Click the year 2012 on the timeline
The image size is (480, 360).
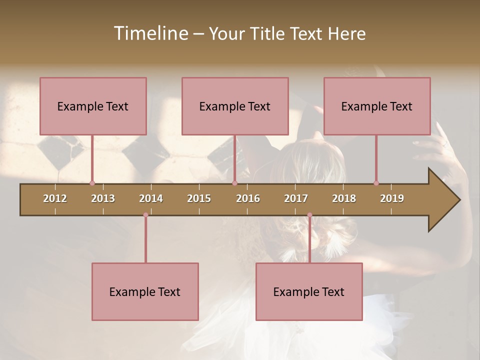point(55,198)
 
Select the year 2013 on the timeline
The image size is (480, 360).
point(103,198)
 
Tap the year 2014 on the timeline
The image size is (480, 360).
point(151,198)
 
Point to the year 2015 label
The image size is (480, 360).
point(199,198)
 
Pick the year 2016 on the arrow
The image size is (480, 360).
point(248,198)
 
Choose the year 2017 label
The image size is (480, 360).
point(296,198)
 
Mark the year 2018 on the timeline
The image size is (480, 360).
point(344,198)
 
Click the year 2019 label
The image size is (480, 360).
point(392,198)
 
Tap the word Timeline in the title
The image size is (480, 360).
point(150,33)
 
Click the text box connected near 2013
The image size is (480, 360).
point(93,106)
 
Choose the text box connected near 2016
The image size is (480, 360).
point(235,106)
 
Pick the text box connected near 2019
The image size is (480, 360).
point(377,106)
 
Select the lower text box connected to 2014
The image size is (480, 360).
point(145,291)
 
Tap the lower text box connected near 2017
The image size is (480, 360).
point(309,291)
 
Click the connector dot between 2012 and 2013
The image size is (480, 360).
point(92,183)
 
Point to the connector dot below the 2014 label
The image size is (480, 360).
point(145,215)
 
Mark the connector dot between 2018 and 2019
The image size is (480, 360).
point(376,183)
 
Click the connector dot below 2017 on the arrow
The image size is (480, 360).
point(309,215)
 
